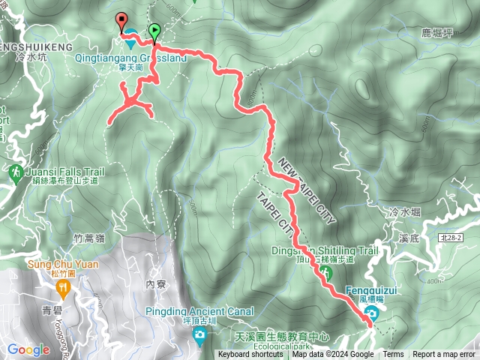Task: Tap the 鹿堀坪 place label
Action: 439,33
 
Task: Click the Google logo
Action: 28,349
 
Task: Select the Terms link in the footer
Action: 393,355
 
